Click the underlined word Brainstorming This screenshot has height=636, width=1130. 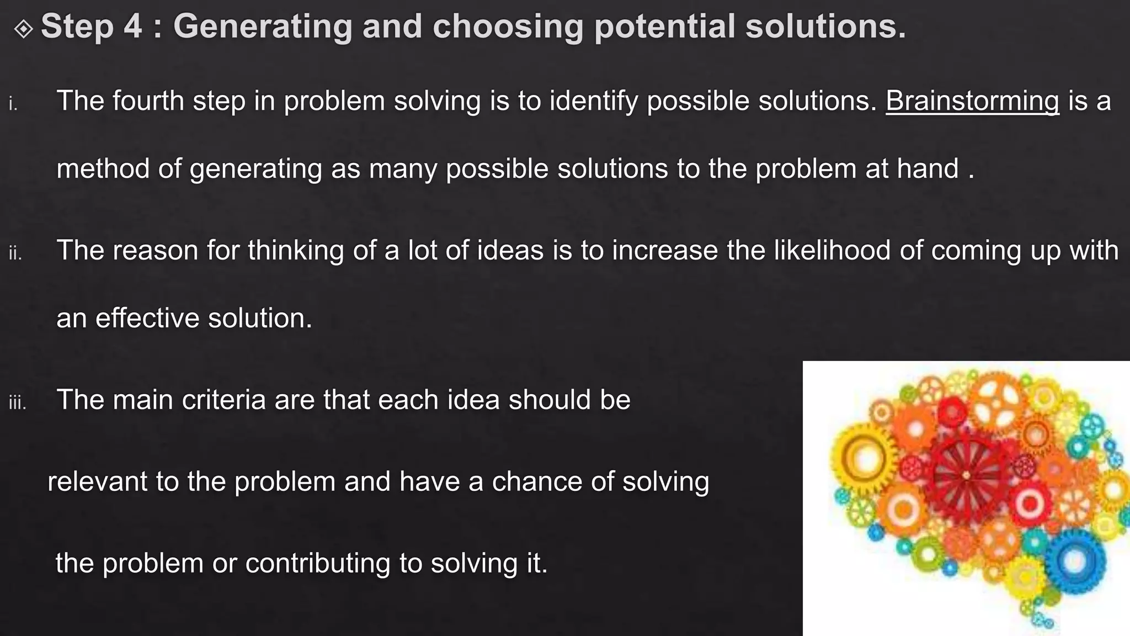click(x=972, y=102)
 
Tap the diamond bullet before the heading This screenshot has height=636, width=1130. click(x=24, y=28)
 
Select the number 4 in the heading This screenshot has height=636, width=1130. click(x=132, y=26)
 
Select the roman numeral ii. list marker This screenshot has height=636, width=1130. click(x=15, y=253)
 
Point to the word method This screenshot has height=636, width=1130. click(x=103, y=168)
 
